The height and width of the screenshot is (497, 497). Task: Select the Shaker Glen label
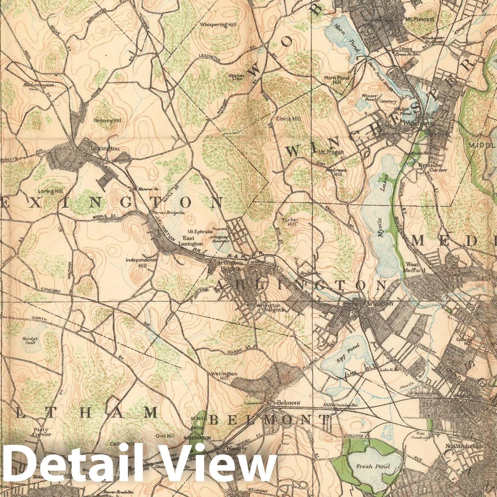(x=237, y=77)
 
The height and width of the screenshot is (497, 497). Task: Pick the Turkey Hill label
(x=292, y=222)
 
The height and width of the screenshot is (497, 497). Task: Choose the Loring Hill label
(x=50, y=191)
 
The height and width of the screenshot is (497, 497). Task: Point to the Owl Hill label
(x=164, y=436)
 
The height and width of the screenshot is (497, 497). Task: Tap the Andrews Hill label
(x=336, y=172)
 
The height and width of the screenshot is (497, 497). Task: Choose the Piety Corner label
(x=42, y=432)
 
